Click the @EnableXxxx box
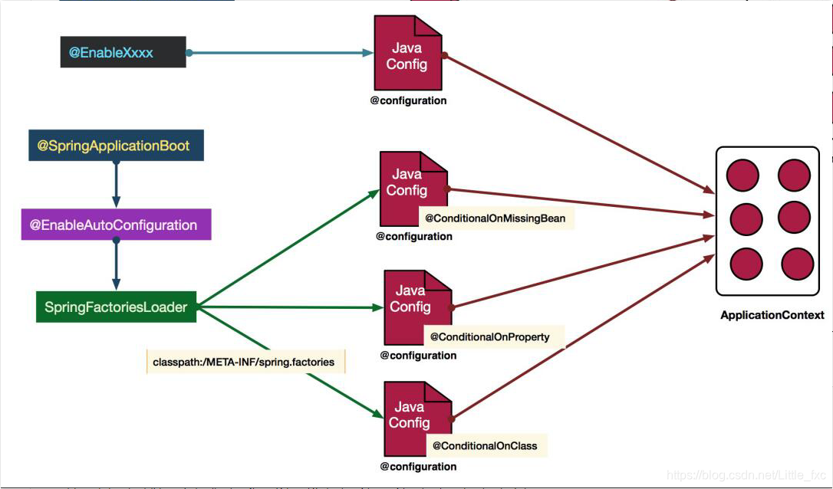click(x=123, y=53)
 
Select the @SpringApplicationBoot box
click(x=116, y=146)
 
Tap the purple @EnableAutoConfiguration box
click(x=116, y=225)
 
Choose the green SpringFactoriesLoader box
click(x=116, y=307)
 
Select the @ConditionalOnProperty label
click(x=489, y=336)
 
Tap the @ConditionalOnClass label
click(x=485, y=445)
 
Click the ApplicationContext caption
click(x=772, y=315)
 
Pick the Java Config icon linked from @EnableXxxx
click(x=407, y=54)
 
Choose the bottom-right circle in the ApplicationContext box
click(x=797, y=264)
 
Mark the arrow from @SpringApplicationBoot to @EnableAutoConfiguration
click(x=116, y=184)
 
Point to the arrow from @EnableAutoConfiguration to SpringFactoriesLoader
click(x=116, y=264)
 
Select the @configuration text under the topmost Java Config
click(x=407, y=100)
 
